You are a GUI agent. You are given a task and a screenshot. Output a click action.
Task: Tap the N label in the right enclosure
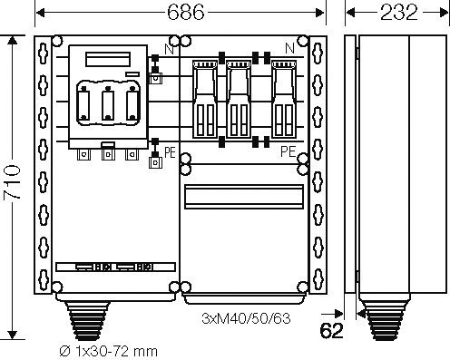[289, 47]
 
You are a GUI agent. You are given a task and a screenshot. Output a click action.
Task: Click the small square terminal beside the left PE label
[154, 163]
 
